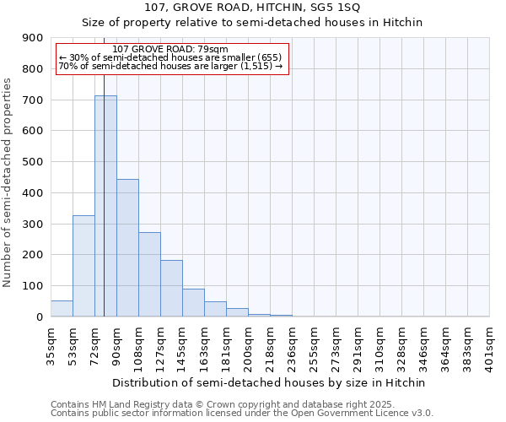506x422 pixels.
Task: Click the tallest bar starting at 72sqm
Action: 105,206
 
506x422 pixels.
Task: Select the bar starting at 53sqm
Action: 83,266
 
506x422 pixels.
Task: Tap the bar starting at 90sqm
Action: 127,248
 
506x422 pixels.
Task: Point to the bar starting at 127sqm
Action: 171,289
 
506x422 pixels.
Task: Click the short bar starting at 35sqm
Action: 62,309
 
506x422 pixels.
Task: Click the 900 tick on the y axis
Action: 33,38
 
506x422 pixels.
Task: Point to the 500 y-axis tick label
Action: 33,162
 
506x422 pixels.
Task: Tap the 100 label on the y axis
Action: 33,286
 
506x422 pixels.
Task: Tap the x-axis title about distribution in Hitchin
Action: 269,382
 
